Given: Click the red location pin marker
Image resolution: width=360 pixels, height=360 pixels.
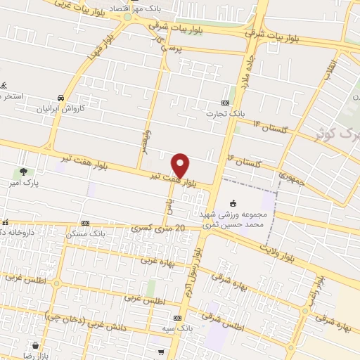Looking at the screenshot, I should pyautogui.click(x=181, y=165).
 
